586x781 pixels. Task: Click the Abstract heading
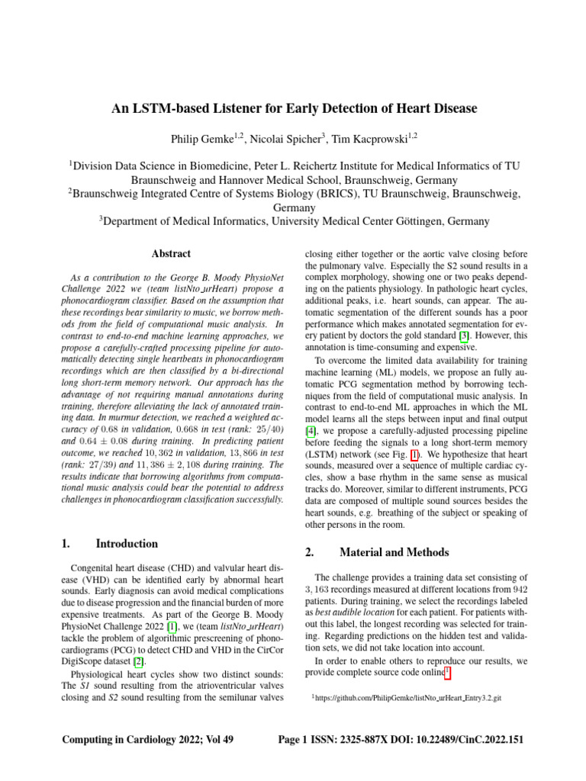171,254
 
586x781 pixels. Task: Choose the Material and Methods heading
394,552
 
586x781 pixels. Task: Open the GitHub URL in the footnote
405,697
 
